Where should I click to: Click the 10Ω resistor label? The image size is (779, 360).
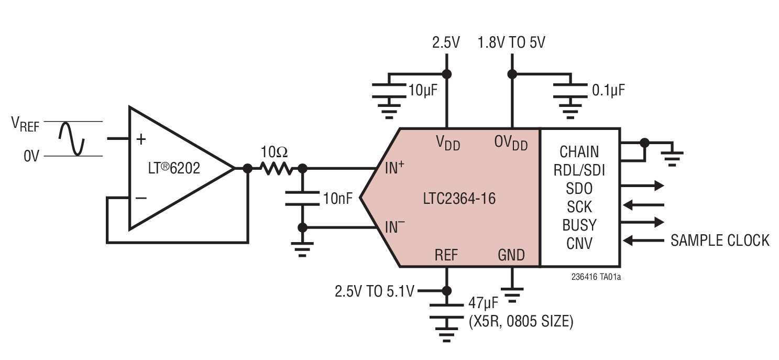pos(274,152)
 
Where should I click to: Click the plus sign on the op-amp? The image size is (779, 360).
pos(140,139)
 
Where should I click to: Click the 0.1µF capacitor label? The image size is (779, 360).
pos(608,90)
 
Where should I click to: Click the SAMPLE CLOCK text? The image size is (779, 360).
pos(720,241)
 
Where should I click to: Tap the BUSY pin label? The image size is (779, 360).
pos(579,225)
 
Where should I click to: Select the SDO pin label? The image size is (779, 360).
pos(579,188)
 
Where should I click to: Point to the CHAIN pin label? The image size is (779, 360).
pos(579,151)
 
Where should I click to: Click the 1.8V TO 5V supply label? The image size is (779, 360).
pos(511,42)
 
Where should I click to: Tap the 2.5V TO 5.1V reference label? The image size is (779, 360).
pos(374,291)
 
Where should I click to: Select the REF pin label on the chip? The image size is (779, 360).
pos(446,255)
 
